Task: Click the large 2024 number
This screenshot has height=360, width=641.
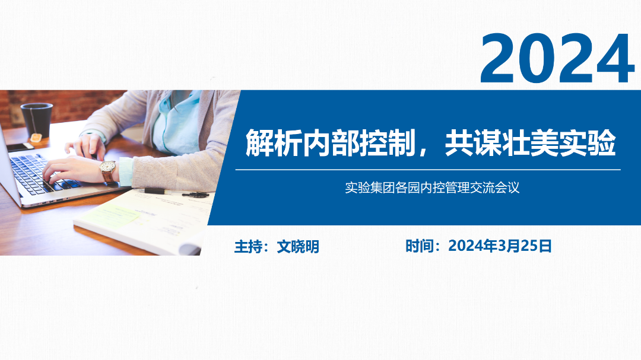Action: click(557, 59)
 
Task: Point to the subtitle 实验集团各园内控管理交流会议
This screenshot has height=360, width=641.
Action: click(432, 187)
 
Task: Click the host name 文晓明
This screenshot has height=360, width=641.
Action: click(298, 247)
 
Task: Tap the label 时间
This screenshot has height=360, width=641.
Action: click(420, 246)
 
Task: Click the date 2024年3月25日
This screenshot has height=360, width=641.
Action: click(500, 246)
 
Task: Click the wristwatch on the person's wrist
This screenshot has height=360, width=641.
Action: click(108, 171)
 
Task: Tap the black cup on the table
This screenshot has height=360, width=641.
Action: click(37, 120)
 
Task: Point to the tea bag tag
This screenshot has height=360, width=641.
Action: click(36, 138)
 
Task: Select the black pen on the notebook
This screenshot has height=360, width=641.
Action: click(154, 191)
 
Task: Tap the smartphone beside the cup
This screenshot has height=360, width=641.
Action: click(20, 146)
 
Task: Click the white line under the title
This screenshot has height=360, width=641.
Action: click(428, 170)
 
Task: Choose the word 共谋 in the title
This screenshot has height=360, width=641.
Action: click(474, 143)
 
